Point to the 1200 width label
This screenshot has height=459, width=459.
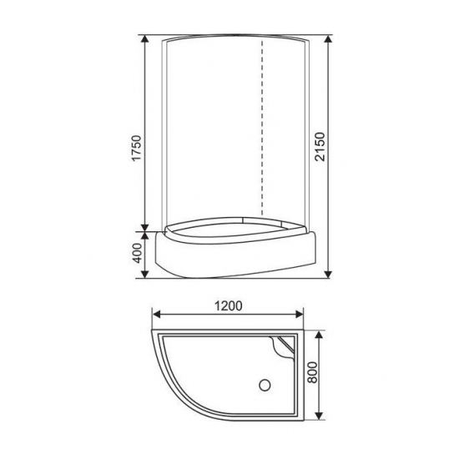click(x=227, y=305)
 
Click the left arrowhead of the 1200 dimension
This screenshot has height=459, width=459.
click(x=155, y=315)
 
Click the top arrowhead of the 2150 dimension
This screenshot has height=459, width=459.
click(x=327, y=40)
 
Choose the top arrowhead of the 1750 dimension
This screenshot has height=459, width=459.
click(x=147, y=40)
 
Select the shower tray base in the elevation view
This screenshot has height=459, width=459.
click(x=234, y=250)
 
